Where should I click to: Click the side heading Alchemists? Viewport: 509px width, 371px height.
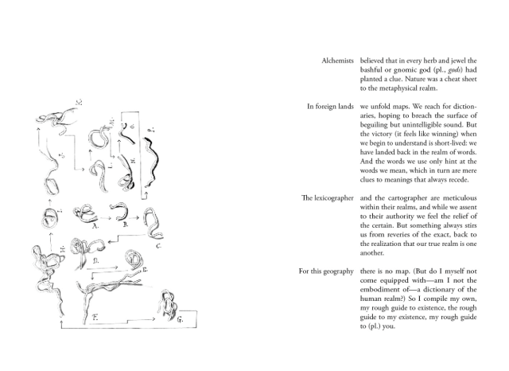336,61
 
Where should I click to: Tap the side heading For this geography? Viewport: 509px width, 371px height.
325,271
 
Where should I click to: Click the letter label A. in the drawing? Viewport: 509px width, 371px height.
95,225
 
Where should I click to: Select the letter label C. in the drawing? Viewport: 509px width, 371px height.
158,246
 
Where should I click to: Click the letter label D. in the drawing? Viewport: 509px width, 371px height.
95,260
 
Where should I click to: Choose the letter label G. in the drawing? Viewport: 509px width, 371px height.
180,318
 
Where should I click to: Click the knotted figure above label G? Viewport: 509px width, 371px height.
167,303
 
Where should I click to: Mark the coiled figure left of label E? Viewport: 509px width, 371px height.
138,259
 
